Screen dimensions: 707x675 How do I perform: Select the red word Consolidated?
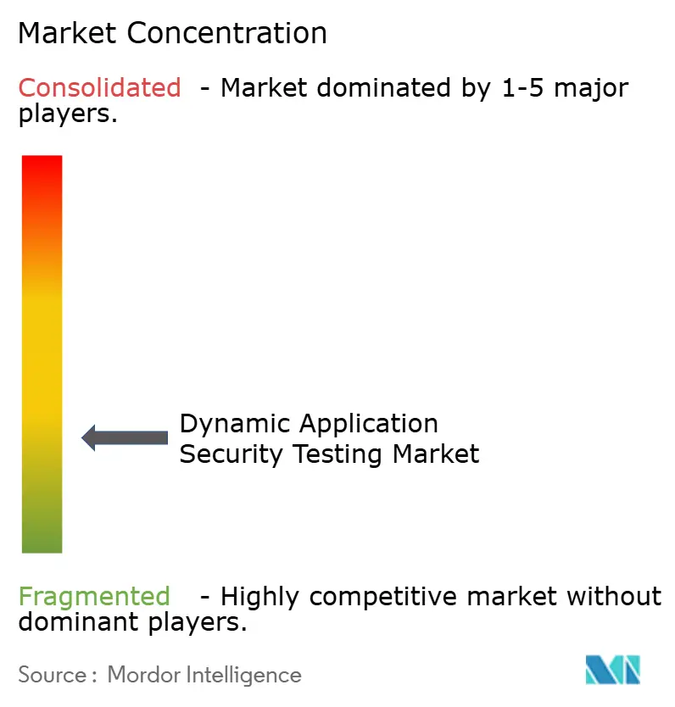pos(99,87)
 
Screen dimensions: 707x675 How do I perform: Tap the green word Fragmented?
pos(94,597)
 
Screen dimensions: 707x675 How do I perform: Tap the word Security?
pos(232,454)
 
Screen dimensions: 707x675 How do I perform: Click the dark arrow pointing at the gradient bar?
pos(125,437)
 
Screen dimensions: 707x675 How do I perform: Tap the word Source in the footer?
pos(52,675)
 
